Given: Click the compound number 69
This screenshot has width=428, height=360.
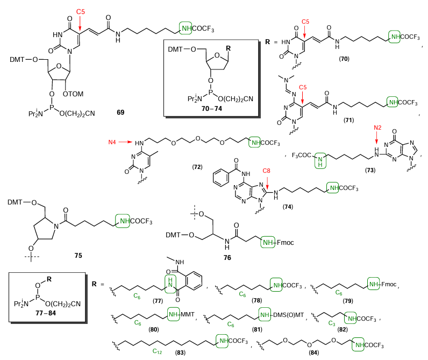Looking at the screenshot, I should coord(121,114).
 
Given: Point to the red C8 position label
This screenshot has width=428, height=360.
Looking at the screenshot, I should coord(266,171).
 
